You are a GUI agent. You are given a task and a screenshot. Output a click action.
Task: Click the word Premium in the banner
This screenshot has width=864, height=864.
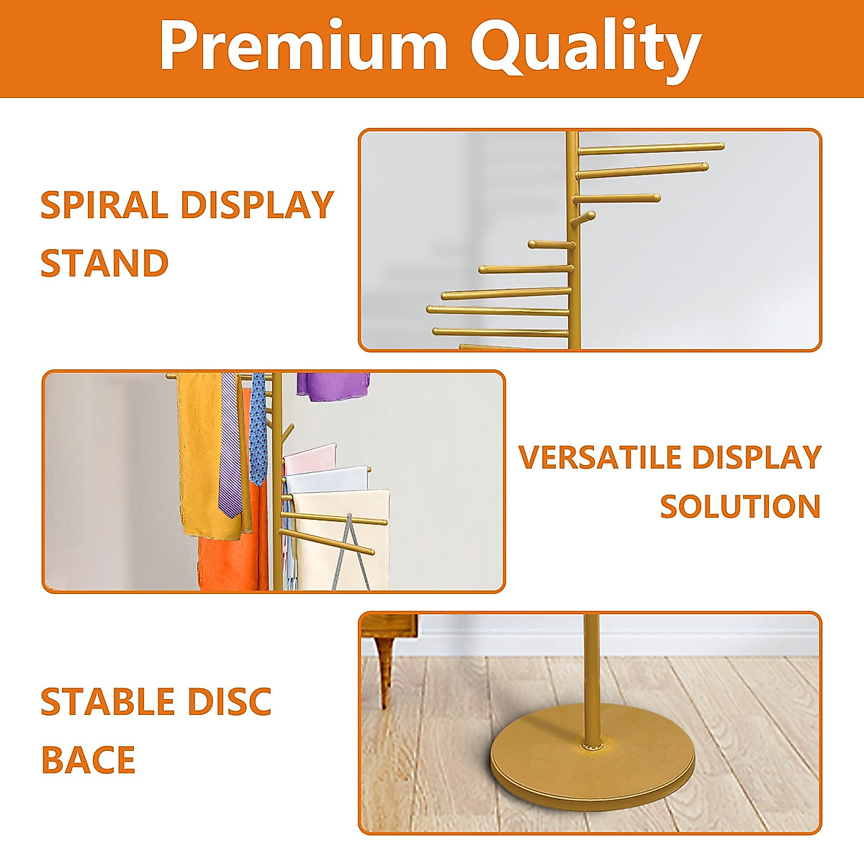pos(303,48)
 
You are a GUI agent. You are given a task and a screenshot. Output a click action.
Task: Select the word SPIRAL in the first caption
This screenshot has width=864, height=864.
pos(104,205)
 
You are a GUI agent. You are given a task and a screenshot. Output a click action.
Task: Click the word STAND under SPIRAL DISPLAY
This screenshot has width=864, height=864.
pos(104,263)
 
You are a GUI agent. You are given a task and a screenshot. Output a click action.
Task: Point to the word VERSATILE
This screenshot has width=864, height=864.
pos(600,458)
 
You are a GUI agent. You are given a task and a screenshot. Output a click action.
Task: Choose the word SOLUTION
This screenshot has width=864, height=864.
pos(740,507)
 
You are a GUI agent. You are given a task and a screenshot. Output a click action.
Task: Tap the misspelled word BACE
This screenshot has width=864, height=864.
pos(88,760)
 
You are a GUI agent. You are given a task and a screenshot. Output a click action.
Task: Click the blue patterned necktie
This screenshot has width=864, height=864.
pos(257,432)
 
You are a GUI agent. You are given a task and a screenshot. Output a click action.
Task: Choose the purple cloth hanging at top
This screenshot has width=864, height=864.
pos(332,386)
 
